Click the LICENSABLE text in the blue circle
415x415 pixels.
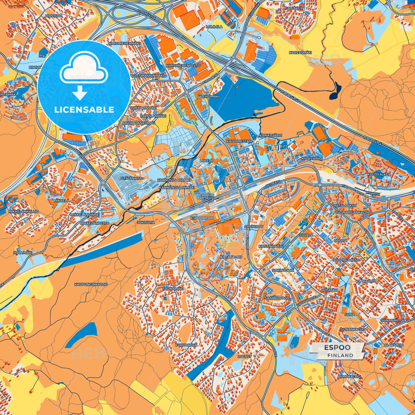click(84, 110)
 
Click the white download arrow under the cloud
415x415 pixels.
click(80, 93)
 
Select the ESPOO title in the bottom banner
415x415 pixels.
click(337, 348)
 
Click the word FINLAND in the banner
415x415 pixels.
click(340, 355)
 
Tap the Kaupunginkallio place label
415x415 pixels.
click(91, 284)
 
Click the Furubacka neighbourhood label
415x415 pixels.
click(186, 345)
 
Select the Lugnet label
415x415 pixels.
click(245, 356)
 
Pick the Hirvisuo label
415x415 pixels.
click(53, 16)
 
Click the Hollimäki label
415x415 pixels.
click(23, 252)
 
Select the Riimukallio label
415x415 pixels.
click(349, 376)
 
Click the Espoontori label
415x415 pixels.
click(202, 218)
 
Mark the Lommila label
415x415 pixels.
click(214, 27)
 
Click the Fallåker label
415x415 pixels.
click(294, 8)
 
